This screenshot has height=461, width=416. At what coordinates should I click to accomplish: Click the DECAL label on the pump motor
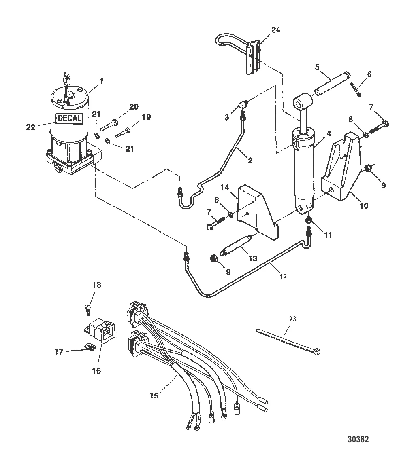coord(69,118)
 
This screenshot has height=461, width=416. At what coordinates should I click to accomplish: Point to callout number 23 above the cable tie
coord(292,319)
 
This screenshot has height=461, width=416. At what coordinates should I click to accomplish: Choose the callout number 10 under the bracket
coord(364,205)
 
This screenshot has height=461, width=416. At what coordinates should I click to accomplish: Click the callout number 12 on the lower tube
coord(283,277)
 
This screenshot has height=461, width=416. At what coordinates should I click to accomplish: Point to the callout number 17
coord(59,352)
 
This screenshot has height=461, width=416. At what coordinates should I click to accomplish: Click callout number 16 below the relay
coord(96,370)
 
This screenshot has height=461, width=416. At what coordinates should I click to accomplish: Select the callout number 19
coord(146,117)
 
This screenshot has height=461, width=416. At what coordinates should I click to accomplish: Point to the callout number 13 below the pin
coord(253,258)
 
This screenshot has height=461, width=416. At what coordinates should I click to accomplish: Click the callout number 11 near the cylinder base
coord(328,235)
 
